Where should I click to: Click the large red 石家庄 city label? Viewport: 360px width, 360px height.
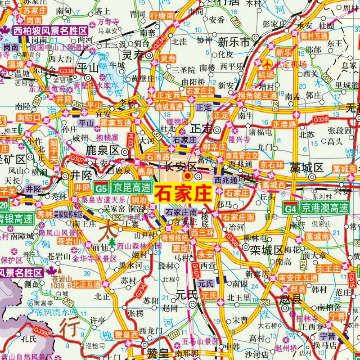183,194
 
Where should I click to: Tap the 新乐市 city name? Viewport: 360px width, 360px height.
234,43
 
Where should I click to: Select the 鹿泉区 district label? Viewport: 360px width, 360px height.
102,149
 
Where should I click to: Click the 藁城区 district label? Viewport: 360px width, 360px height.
307,168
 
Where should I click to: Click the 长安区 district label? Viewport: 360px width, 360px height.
177,167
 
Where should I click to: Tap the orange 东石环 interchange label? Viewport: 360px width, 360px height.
271,165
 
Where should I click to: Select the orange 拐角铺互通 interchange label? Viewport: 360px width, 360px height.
257,95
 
